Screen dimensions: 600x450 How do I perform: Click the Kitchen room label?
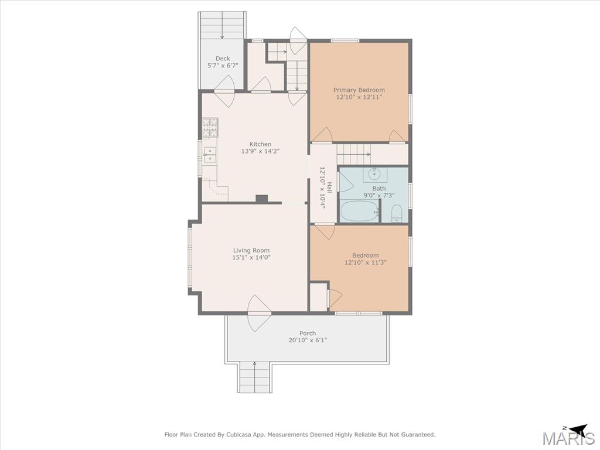click(260, 144)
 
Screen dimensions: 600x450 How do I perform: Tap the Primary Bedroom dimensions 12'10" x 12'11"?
click(359, 97)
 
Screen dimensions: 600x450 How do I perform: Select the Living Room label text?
click(251, 250)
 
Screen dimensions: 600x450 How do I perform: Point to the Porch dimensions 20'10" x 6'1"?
click(308, 340)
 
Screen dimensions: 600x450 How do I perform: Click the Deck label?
click(223, 59)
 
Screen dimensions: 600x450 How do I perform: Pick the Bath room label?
click(379, 188)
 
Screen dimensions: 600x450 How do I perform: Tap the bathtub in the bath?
click(360, 211)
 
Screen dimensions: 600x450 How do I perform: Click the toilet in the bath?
click(397, 213)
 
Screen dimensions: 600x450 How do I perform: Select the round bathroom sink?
click(374, 174)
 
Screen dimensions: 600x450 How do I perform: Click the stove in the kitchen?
click(210, 127)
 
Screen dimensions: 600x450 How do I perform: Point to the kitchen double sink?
click(209, 155)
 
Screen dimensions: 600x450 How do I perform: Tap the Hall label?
click(329, 187)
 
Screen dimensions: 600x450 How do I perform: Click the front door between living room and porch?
click(260, 313)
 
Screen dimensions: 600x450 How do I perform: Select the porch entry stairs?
click(255, 377)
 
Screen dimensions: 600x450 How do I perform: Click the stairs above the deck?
click(222, 25)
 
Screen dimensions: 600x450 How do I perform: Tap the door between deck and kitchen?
click(224, 91)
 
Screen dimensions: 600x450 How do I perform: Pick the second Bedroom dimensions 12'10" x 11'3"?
click(366, 262)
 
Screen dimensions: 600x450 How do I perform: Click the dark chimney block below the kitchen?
click(262, 199)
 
